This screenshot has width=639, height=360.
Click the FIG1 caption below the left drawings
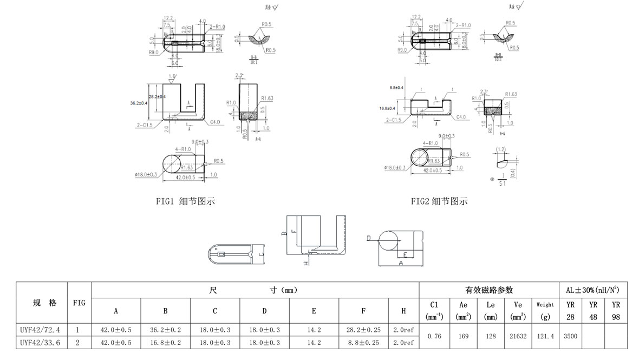(x=185, y=201)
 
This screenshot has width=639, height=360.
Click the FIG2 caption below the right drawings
(x=439, y=201)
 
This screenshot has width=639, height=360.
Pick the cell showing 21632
(x=519, y=336)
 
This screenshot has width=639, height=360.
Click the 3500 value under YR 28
(x=570, y=336)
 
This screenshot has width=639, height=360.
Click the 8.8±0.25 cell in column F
(x=363, y=343)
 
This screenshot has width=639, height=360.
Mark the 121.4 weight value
(x=545, y=336)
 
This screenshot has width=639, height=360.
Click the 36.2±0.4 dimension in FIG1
(x=139, y=103)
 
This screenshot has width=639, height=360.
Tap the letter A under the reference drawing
(x=401, y=262)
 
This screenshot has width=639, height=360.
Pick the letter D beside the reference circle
(x=368, y=238)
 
